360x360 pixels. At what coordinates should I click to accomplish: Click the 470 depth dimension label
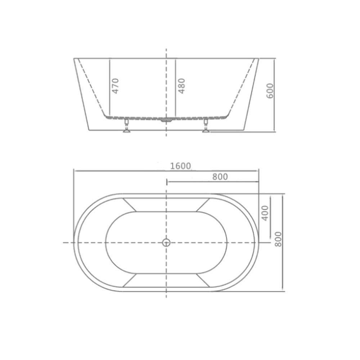coord(116,86)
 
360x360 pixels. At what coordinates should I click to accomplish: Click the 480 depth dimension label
coord(181,86)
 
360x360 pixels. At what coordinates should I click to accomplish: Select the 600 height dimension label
coord(270,91)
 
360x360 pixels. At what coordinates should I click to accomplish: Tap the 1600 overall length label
coord(180,166)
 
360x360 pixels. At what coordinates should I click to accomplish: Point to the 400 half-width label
coord(265,213)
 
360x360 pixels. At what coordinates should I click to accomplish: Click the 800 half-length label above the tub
coord(220,176)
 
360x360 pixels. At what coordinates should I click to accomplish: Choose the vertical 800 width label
coord(278,239)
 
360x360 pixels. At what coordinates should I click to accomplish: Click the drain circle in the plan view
coord(166,242)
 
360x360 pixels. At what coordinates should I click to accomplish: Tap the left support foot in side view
coord(126,126)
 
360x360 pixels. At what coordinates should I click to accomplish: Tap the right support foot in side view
coord(206,126)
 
